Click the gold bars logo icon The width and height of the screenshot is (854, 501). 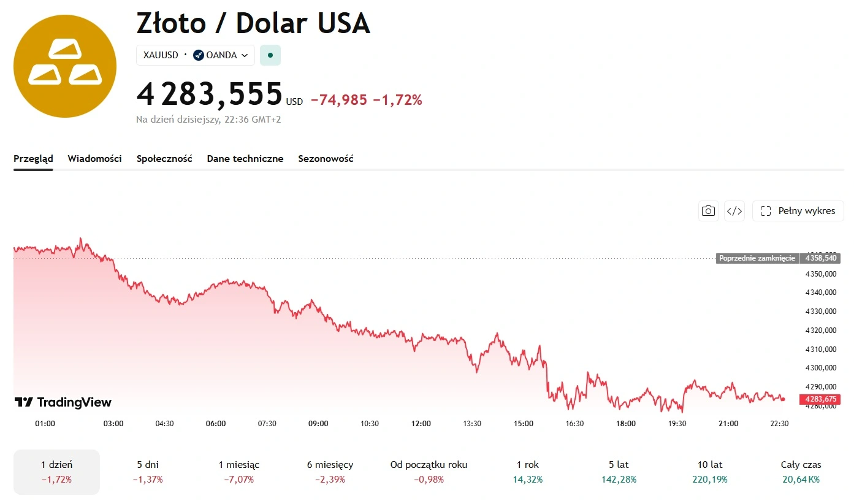(65, 66)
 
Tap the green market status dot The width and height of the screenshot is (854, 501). (270, 55)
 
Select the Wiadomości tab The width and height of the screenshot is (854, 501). (94, 159)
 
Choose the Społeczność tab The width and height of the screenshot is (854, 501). (164, 159)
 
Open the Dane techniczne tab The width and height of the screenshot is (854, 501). (245, 159)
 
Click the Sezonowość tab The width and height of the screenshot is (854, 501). (326, 159)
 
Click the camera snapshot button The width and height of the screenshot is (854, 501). (708, 211)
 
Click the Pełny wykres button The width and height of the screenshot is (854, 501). (798, 211)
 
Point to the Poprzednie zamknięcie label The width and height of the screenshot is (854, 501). (757, 258)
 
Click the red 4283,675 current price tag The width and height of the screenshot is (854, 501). (820, 399)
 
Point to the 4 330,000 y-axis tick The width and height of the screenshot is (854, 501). (821, 312)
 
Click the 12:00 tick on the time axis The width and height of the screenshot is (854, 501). (421, 424)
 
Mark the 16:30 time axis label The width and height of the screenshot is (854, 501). (574, 424)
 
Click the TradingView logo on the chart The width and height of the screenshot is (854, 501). (63, 402)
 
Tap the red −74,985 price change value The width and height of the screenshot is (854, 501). (339, 100)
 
